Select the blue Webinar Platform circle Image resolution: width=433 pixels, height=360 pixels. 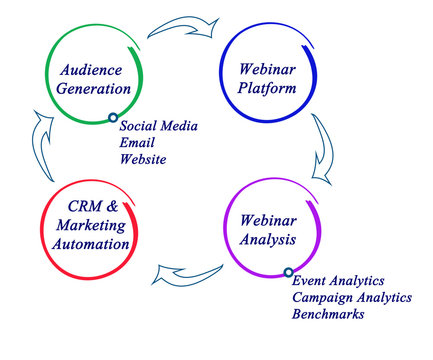pyautogui.click(x=260, y=78)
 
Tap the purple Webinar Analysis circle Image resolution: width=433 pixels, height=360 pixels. pyautogui.click(x=259, y=231)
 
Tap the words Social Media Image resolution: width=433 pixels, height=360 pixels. pyautogui.click(x=158, y=127)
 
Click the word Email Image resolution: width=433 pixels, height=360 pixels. pyautogui.click(x=136, y=143)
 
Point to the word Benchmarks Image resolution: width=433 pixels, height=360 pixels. pyautogui.click(x=328, y=314)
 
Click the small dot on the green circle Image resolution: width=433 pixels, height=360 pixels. pyautogui.click(x=113, y=118)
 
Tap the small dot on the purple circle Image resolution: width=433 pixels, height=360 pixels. pyautogui.click(x=288, y=271)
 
